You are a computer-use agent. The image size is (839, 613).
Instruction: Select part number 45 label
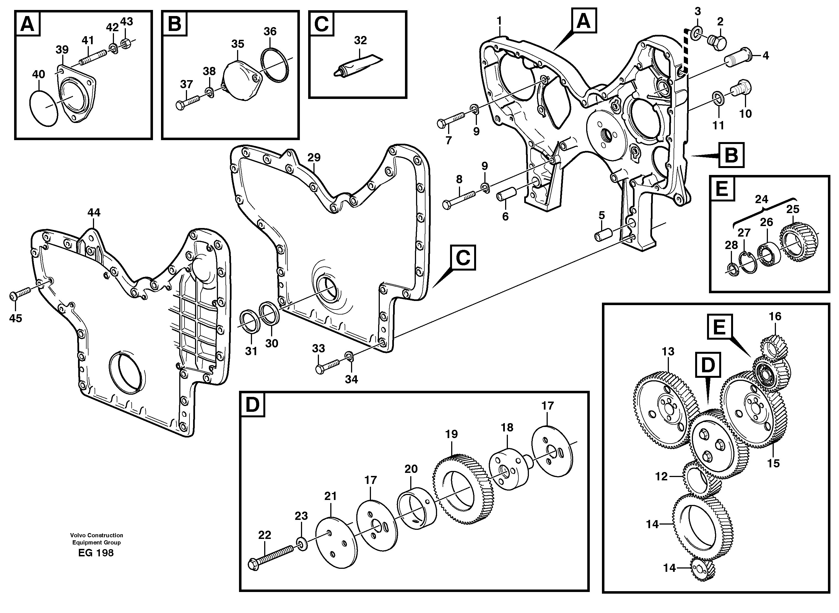(x=15, y=318)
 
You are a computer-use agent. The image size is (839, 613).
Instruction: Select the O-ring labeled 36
(x=274, y=64)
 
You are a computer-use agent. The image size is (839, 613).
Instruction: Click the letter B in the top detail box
(x=174, y=23)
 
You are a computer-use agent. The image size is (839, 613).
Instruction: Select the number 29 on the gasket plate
(x=314, y=158)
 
